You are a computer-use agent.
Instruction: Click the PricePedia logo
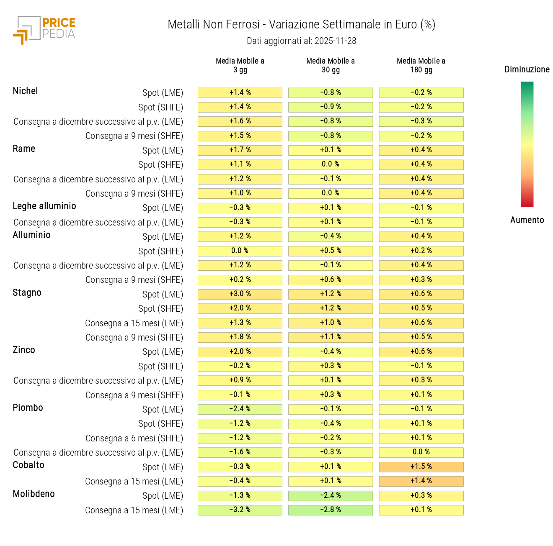pos(44,30)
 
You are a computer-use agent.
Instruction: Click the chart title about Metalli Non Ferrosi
pos(301,25)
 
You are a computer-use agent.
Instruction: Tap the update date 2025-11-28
pos(301,41)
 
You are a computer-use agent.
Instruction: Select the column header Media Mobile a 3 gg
pos(240,65)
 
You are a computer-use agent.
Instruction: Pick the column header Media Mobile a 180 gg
pos(421,65)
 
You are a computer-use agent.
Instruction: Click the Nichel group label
pos(26,91)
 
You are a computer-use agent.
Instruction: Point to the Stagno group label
pos(27,293)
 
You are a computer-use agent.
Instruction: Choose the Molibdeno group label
pos(34,494)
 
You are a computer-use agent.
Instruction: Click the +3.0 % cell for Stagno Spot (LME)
pos(240,294)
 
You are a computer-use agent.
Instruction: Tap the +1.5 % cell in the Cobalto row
pos(421,467)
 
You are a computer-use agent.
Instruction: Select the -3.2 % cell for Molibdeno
pos(240,510)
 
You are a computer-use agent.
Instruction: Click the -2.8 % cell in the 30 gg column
pos(331,510)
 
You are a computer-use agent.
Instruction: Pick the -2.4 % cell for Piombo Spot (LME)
pos(240,409)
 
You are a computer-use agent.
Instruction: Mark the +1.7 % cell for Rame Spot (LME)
pos(240,150)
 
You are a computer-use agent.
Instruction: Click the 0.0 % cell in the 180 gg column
pos(421,452)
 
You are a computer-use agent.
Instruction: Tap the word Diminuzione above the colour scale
pos(527,69)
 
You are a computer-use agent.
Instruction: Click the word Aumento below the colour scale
pos(527,220)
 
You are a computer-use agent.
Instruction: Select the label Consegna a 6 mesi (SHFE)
pos(134,438)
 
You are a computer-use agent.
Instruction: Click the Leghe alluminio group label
pos(44,206)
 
